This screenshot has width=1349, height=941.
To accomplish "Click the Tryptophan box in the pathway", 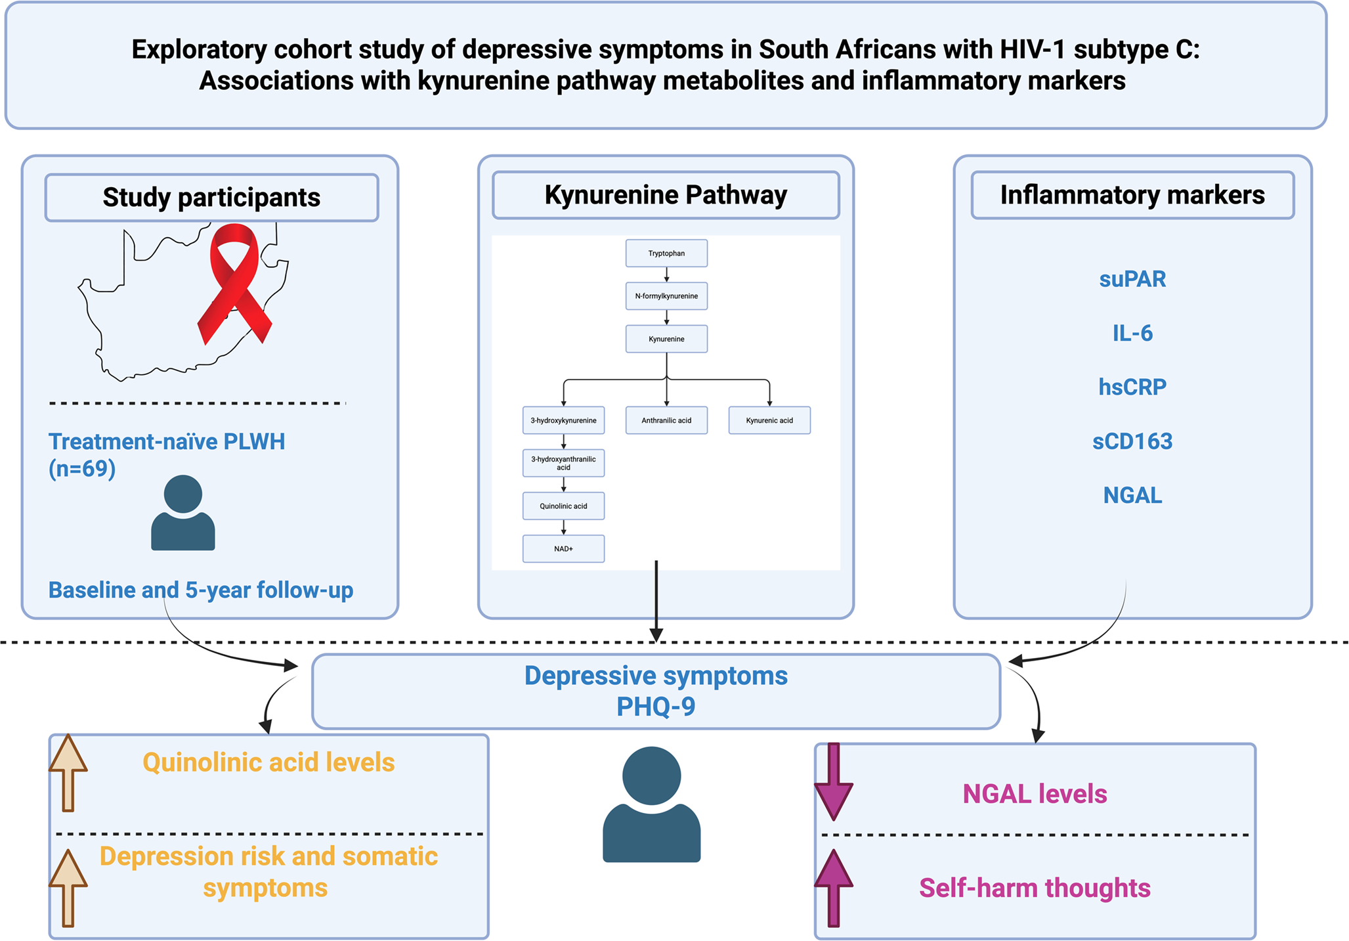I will point(666,253).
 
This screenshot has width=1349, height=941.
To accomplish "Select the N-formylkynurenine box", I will point(666,296).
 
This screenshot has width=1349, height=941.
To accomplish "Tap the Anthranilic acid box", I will point(666,420).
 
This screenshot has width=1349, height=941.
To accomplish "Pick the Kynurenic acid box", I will point(769,420).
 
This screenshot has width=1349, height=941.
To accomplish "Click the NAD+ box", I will point(563,549).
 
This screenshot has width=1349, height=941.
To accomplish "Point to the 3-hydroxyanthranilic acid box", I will point(563,463).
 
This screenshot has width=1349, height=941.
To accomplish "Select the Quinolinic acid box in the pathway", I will point(563,506).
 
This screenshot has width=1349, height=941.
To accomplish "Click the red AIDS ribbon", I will point(234,282).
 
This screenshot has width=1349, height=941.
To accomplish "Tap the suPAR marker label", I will point(1132,279).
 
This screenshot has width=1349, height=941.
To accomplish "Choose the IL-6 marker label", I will point(1132,334).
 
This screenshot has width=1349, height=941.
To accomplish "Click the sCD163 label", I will point(1132,441).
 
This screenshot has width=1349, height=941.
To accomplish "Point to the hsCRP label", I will point(1132,387).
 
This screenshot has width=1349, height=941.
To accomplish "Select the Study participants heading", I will point(211,198).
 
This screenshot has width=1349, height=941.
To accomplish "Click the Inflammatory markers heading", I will point(1132,195).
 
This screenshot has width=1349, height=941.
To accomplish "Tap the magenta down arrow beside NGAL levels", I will point(834,781).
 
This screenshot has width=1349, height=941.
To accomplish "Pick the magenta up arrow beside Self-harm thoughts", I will point(834,886).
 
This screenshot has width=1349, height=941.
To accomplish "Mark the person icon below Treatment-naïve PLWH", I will point(183,513).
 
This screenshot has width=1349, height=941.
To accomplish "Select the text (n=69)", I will point(82,469).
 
